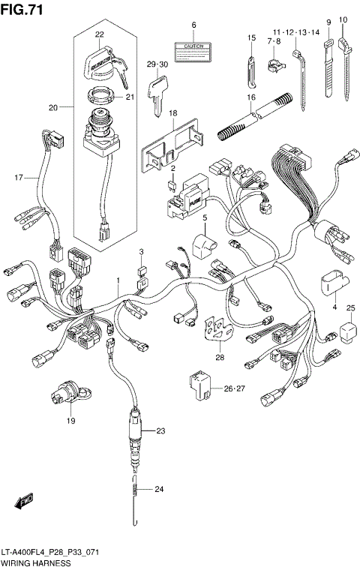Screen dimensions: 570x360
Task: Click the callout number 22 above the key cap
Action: [99, 34]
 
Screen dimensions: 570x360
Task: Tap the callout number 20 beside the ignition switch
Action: [52, 108]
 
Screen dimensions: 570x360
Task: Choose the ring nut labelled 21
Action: [98, 96]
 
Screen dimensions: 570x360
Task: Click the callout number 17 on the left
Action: [19, 177]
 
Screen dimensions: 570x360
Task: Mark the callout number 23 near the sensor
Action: [159, 431]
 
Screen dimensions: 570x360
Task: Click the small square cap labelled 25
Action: [348, 331]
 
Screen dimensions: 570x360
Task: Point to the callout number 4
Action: [334, 307]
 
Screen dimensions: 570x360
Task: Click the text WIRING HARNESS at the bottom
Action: [36, 562]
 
